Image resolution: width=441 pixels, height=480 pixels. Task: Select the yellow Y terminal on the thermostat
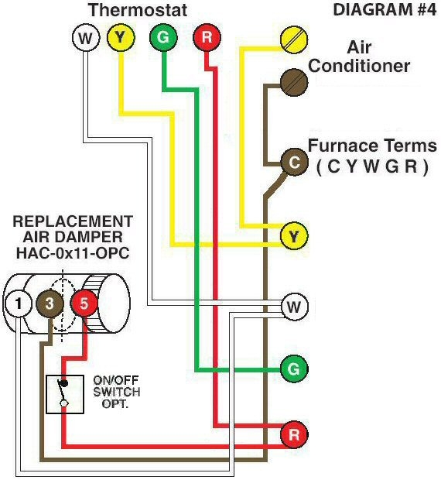coord(121,37)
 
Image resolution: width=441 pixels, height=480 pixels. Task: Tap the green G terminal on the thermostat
coord(162,37)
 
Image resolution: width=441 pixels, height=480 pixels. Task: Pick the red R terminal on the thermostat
coord(207,37)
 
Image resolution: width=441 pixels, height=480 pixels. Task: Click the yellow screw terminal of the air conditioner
coord(293,37)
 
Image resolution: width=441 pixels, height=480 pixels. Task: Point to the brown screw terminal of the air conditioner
coord(293,81)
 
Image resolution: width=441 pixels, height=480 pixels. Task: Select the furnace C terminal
coord(293,162)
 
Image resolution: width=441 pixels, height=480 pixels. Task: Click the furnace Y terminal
coord(293,235)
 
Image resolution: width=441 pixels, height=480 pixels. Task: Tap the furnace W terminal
coord(293,307)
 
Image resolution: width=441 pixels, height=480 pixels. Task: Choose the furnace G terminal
coord(293,369)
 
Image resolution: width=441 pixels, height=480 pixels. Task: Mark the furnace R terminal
coord(293,434)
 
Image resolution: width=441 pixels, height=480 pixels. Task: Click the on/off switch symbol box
coord(65,394)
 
